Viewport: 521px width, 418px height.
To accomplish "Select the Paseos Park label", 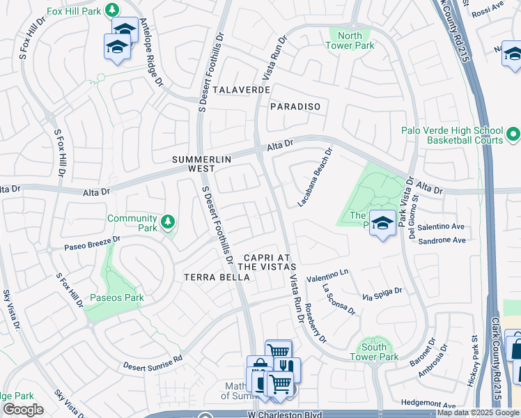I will click(115, 297).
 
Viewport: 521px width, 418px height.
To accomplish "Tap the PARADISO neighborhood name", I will click(295, 107).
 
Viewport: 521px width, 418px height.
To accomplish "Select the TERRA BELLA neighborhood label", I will click(216, 277).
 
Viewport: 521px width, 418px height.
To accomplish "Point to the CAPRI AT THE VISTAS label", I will click(267, 262).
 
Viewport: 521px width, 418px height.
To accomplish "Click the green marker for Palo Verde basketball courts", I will click(513, 133).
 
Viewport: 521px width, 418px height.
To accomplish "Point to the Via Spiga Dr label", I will click(382, 294).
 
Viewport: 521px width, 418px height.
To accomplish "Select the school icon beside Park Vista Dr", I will click(382, 223).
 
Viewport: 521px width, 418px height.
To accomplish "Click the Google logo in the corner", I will click(22, 410).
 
